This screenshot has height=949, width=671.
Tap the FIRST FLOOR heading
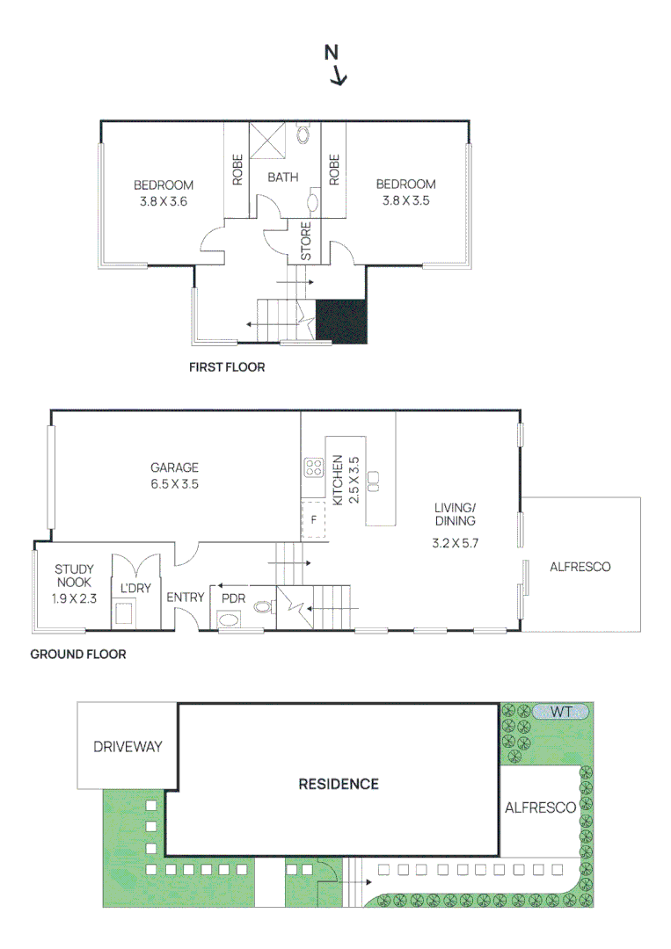click(227, 367)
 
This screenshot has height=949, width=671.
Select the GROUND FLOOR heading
click(78, 654)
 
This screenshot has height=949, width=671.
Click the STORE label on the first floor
click(307, 242)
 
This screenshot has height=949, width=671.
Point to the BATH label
click(282, 177)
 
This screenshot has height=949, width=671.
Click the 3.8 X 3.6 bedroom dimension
click(164, 201)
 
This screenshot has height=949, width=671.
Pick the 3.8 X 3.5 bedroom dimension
click(405, 200)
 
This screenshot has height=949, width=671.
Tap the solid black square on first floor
click(340, 321)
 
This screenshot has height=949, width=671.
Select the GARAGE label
click(174, 467)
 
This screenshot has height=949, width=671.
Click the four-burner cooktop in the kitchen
click(313, 467)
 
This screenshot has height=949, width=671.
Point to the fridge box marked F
click(312, 519)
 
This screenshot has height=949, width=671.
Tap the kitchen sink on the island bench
click(374, 479)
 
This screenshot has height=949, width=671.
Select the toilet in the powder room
click(261, 605)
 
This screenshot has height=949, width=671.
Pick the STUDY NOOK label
click(74, 577)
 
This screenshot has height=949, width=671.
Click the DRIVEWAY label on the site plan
click(128, 747)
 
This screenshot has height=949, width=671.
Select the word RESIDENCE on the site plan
click(338, 784)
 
